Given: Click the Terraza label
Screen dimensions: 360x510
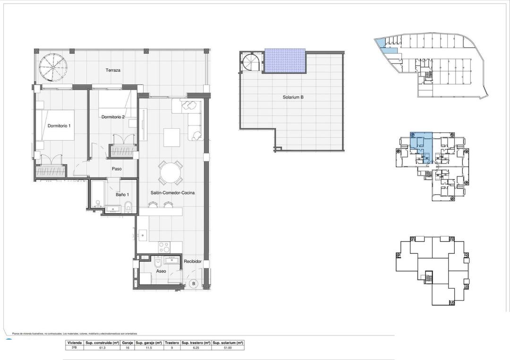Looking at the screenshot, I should (113, 70).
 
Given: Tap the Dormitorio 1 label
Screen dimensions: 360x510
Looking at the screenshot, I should (59, 126).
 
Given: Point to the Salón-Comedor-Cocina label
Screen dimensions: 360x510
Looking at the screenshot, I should (173, 193).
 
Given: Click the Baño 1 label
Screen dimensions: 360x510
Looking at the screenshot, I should (122, 194).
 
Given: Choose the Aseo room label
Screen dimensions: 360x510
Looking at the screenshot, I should (161, 272).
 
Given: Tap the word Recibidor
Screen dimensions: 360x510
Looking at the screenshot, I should (193, 261).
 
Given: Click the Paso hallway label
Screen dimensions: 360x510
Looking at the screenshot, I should (117, 169).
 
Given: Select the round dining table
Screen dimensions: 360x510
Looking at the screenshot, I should (170, 174).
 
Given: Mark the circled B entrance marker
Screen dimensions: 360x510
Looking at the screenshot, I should (193, 284).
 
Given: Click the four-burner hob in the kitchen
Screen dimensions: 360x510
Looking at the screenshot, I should (164, 247).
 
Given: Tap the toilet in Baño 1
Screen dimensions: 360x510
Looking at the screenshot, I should (128, 206).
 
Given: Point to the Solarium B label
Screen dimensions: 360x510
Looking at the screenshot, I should (293, 97).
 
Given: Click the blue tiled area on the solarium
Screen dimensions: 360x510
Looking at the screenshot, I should (284, 61).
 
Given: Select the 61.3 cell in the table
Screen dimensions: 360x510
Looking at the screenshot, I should (102, 348).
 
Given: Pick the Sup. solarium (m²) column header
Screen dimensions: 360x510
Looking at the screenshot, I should (228, 343).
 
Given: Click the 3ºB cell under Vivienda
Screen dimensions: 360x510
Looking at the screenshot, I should (75, 348).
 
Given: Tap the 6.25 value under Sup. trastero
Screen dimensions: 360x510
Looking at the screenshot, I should (195, 348).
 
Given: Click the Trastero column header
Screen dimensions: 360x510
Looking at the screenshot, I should (172, 343).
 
